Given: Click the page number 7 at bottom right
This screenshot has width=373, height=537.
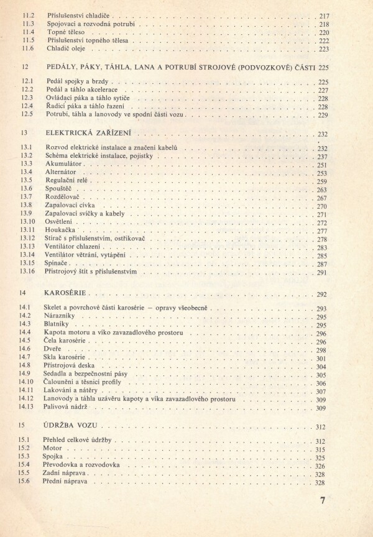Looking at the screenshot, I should point(323,501).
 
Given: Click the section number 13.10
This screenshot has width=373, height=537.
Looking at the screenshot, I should point(27,221).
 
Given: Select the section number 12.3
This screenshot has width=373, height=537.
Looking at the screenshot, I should point(26,98).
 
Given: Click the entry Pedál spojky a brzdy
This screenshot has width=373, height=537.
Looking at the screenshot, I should point(78,81).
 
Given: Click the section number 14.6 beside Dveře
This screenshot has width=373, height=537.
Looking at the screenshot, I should point(25,349).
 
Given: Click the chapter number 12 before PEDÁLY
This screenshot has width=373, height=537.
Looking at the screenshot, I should point(24,66).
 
